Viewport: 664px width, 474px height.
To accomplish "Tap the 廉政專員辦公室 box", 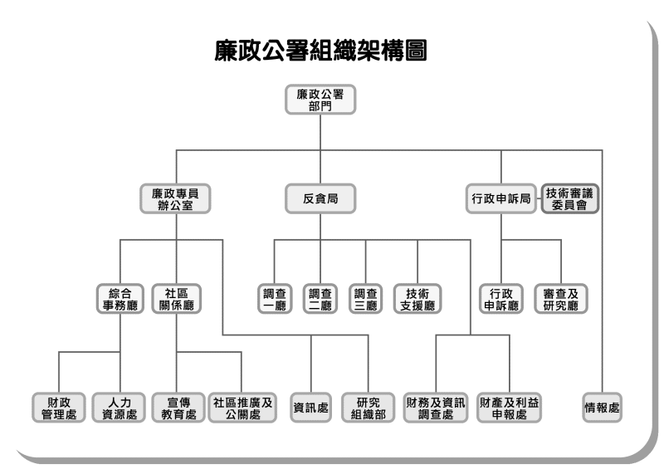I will (x=176, y=199).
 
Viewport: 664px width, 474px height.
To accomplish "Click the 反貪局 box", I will (x=320, y=199).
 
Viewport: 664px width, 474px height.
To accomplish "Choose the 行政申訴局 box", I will (x=500, y=199).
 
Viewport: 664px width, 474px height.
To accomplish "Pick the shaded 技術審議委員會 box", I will (x=569, y=199).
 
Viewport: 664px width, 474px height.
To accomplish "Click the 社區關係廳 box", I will (x=176, y=299).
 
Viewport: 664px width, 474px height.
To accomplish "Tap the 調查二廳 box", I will (x=320, y=299).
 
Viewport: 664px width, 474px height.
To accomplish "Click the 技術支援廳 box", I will (x=417, y=299).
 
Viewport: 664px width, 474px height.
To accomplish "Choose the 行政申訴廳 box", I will (x=500, y=299).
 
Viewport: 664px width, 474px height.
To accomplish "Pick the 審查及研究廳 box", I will (x=561, y=299).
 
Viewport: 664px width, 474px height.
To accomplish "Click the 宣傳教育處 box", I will (x=178, y=407).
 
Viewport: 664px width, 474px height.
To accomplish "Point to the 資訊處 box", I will (x=311, y=407).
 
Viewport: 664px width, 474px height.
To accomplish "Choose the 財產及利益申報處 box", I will (x=508, y=407).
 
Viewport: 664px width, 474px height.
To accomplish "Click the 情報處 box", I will (x=603, y=407).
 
